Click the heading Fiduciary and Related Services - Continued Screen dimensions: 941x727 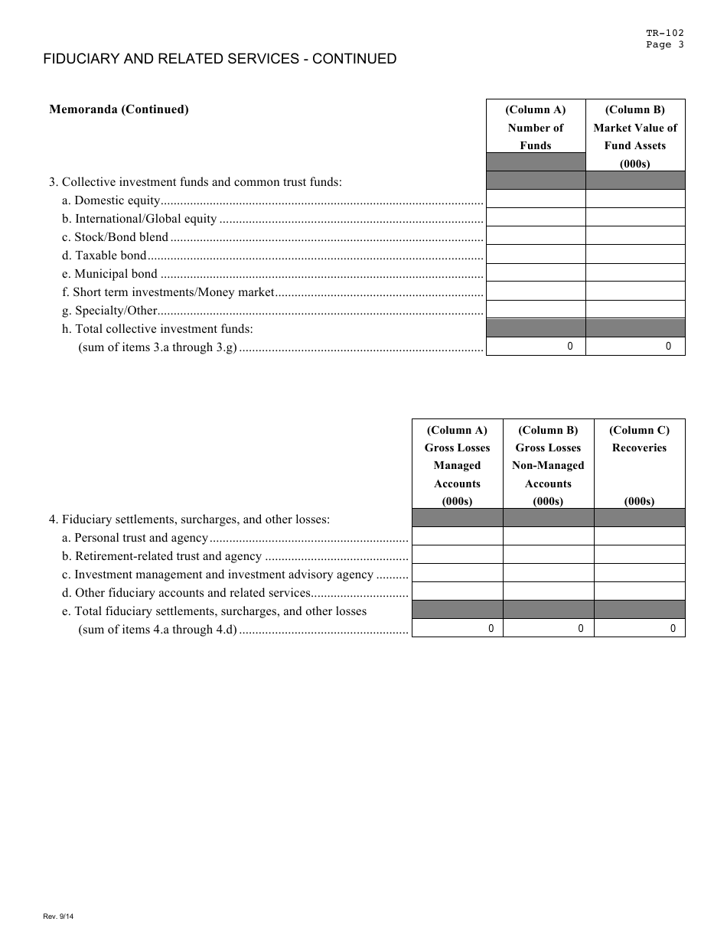[x=220, y=59]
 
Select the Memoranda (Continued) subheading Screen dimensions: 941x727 [x=119, y=109]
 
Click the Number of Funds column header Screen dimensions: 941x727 [x=535, y=127]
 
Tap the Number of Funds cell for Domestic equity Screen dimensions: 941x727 [x=536, y=199]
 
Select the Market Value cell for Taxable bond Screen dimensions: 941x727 [x=635, y=254]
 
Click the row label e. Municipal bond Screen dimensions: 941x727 [x=110, y=274]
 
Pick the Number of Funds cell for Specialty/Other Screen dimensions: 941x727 [x=536, y=309]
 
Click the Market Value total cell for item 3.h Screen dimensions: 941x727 [x=635, y=347]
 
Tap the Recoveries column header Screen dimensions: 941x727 [x=639, y=448]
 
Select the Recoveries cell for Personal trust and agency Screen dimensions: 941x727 [x=639, y=536]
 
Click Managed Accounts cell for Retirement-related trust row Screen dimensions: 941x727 [x=457, y=555]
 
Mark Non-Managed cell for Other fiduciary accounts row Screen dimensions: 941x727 [x=548, y=591]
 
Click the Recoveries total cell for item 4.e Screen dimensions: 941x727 [x=639, y=628]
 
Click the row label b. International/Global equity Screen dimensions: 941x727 [x=140, y=219]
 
